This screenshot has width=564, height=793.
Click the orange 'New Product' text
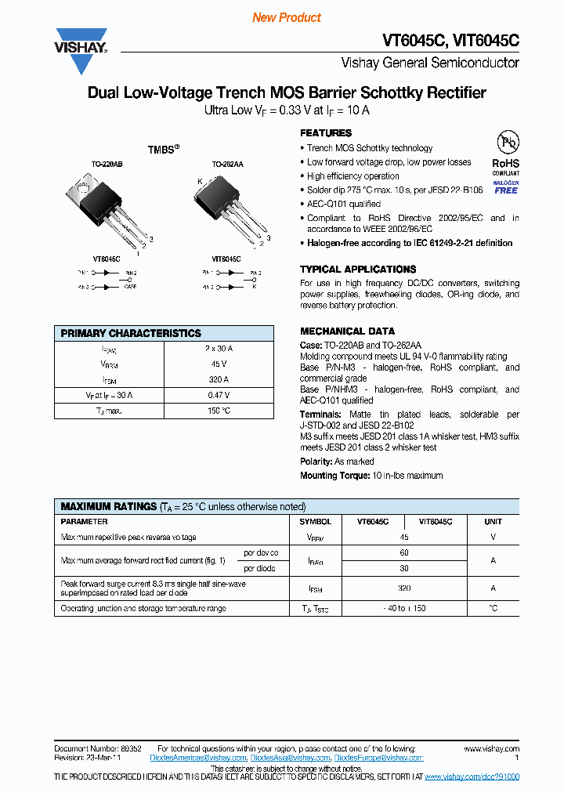point(287,17)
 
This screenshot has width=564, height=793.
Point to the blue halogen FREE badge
point(506,187)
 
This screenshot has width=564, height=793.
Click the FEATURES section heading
point(326,133)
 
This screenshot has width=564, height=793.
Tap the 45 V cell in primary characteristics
point(219,364)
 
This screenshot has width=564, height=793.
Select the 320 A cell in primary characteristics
point(219,379)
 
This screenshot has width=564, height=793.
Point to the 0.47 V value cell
point(219,395)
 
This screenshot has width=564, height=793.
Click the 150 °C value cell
point(219,411)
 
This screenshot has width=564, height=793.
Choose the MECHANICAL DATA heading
point(347,331)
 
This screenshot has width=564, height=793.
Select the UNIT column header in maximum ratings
point(493,521)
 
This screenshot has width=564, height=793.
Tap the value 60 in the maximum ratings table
point(404,552)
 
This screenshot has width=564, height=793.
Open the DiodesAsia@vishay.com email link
point(291,758)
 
